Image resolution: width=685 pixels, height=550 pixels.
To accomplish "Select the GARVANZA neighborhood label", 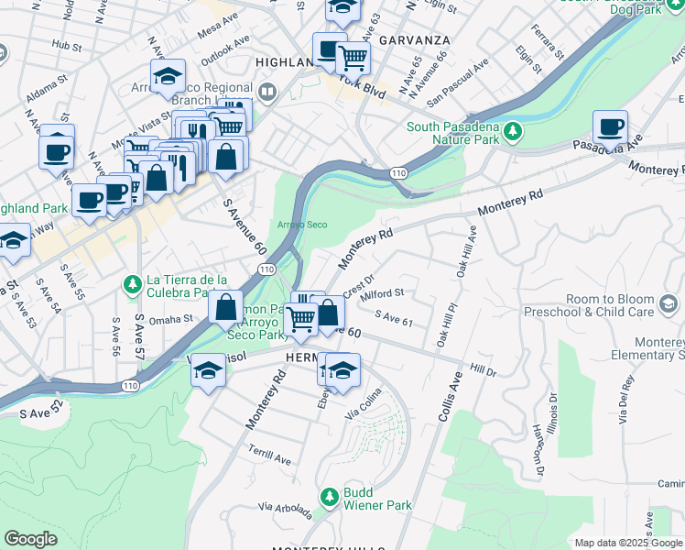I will click(x=414, y=41).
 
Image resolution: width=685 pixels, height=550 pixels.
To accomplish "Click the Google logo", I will click(x=30, y=539).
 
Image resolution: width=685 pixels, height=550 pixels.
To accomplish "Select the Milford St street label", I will click(x=383, y=293).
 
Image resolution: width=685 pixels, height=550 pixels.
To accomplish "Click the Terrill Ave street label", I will click(x=268, y=454).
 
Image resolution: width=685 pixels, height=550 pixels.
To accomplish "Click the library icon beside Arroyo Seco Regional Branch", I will click(x=267, y=91).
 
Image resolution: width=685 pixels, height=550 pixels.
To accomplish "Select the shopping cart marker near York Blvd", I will click(x=353, y=59).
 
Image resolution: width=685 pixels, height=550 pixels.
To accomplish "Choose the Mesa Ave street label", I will click(x=217, y=28).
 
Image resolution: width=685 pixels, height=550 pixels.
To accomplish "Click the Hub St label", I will click(x=67, y=43).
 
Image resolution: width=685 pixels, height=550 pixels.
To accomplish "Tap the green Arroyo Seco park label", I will click(x=302, y=225).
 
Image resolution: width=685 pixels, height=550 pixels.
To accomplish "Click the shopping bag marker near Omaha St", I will click(x=225, y=309).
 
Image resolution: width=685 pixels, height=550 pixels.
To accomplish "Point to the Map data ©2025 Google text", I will click(x=628, y=543).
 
